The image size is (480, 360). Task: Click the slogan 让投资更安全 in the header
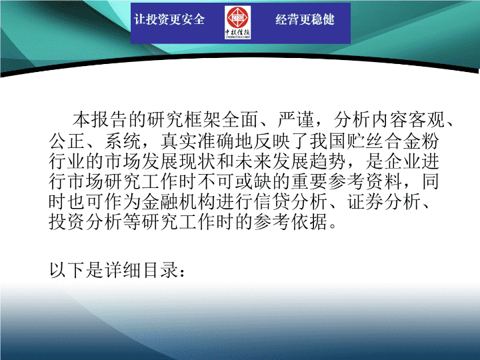coord(169,19)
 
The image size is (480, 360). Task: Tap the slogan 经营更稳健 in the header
coord(305,19)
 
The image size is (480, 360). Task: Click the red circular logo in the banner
coord(237,17)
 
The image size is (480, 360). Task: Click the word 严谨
coord(296,120)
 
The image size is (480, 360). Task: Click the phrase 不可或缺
coord(235,181)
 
